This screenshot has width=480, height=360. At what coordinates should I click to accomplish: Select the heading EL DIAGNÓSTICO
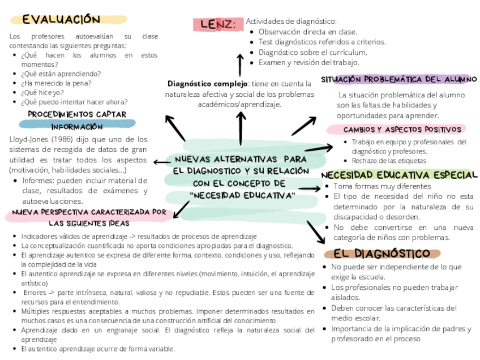(x=382, y=254)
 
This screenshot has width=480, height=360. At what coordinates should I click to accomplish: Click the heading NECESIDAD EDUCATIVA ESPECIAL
(x=399, y=175)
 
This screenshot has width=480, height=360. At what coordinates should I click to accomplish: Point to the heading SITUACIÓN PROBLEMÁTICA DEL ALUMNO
(x=398, y=80)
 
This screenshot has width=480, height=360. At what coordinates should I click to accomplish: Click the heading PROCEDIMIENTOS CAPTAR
(x=77, y=114)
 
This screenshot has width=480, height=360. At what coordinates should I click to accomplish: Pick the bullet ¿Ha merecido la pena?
(x=55, y=83)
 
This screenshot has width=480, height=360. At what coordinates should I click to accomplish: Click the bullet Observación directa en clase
(x=307, y=32)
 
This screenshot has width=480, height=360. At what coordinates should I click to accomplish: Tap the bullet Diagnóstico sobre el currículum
(x=311, y=52)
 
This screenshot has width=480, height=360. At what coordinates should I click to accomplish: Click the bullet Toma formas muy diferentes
(x=382, y=186)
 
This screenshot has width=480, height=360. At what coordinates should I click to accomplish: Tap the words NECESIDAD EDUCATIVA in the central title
(x=244, y=195)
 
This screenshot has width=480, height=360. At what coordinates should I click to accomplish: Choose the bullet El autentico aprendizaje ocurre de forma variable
(x=97, y=349)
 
